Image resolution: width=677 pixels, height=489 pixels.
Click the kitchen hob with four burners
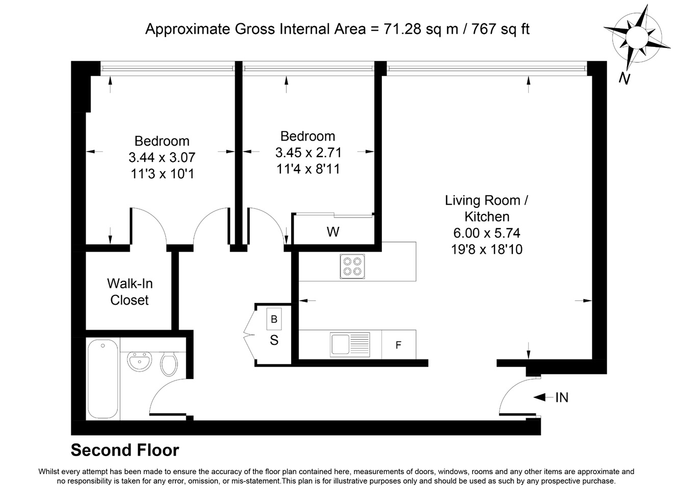tap(352, 266)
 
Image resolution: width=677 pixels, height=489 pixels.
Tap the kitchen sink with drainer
tap(350, 344)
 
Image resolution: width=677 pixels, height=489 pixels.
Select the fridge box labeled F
tap(399, 344)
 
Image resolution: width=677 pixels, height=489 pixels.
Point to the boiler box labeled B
tap(274, 319)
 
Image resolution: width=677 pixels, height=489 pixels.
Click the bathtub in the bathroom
tap(103, 379)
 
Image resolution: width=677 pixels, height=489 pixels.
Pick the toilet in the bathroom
tap(169, 364)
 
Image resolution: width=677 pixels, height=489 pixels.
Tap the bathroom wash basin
tap(139, 361)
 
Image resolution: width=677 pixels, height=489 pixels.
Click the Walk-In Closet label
tap(129, 292)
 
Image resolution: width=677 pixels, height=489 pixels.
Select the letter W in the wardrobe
tap(333, 232)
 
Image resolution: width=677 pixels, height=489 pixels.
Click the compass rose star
tap(637, 38)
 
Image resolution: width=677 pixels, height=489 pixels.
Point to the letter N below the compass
tap(624, 79)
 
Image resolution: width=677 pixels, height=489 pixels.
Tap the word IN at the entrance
tap(562, 397)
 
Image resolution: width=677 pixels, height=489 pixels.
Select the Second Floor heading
tap(125, 450)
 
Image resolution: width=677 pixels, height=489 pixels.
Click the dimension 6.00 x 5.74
tap(486, 233)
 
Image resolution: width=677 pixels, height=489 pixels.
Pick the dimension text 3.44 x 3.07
tap(162, 157)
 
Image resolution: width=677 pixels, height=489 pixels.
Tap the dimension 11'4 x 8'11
tap(308, 169)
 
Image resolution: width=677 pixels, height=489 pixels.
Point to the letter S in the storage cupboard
tap(274, 340)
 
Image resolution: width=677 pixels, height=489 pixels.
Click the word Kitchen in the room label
tap(487, 216)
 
